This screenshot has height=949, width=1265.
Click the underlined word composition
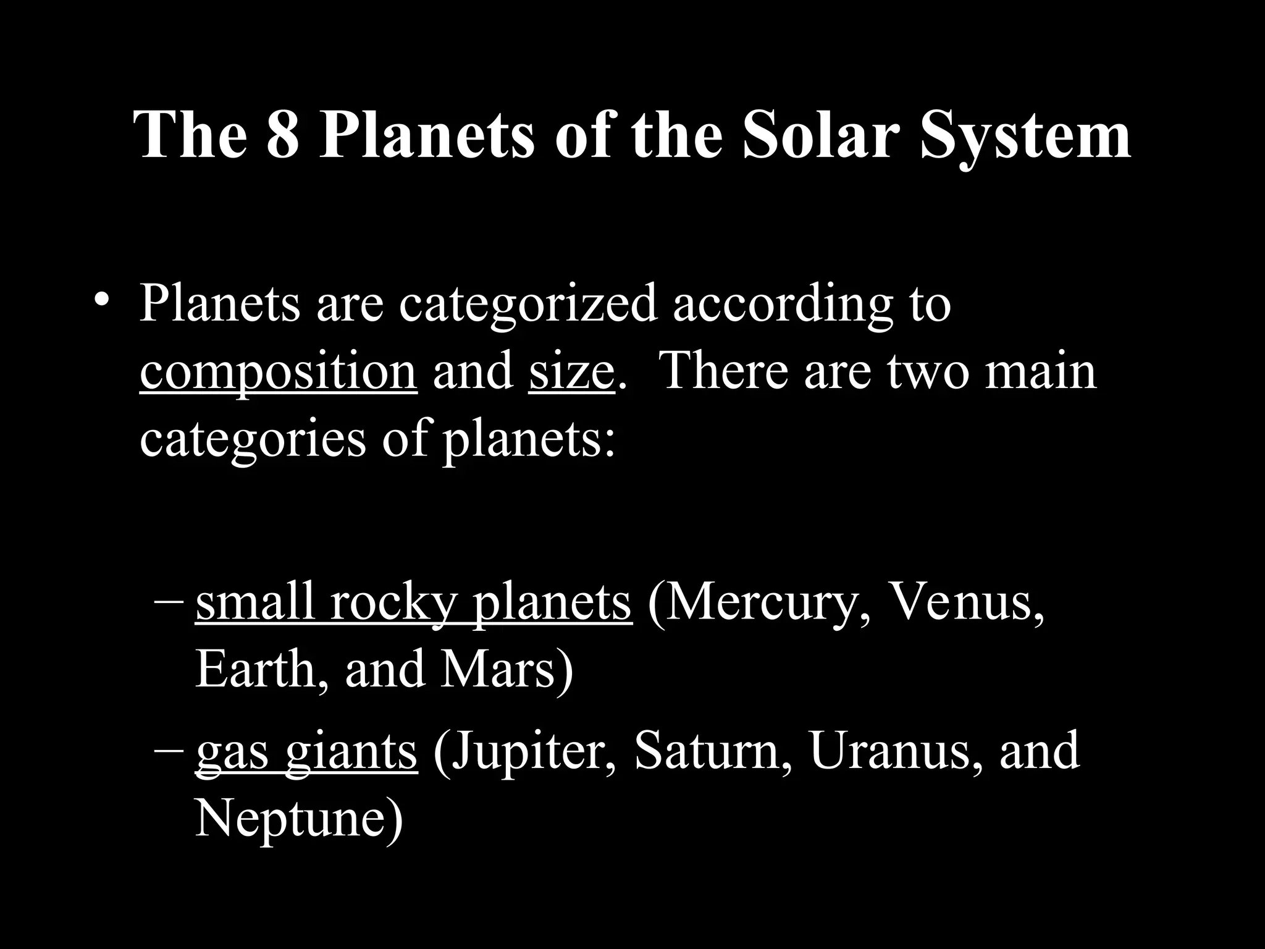point(278,373)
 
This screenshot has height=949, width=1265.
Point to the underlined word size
point(571,372)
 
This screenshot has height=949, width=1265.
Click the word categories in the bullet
point(253,440)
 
